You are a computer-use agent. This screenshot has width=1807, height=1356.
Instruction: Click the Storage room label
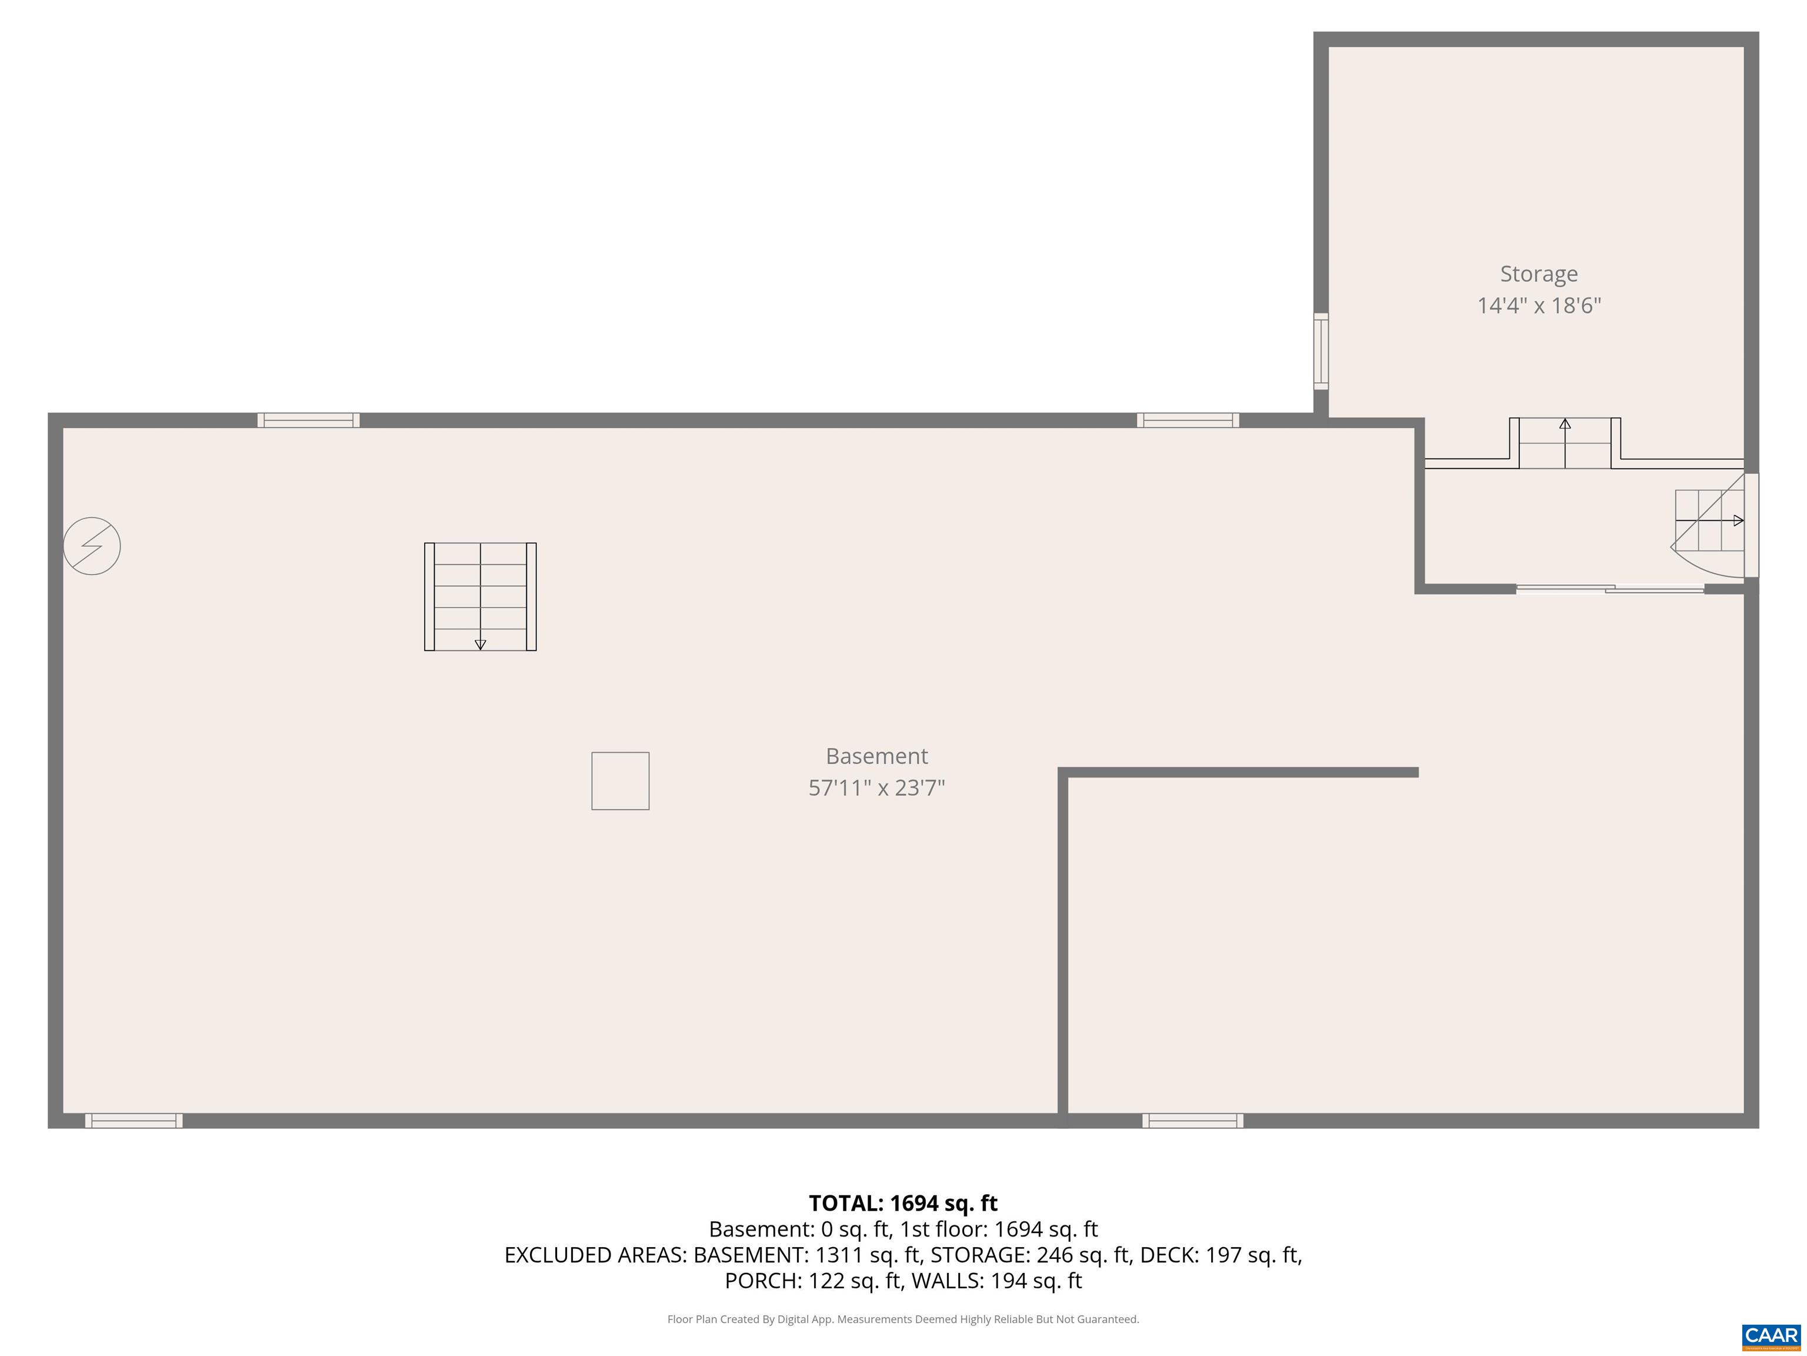point(1538,274)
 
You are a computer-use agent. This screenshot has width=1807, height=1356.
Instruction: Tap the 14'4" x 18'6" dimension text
point(1538,305)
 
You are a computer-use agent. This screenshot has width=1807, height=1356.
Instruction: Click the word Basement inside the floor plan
point(876,756)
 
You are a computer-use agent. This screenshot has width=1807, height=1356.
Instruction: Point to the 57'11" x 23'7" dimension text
point(876,788)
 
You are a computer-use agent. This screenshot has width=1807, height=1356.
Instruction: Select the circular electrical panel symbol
point(92,546)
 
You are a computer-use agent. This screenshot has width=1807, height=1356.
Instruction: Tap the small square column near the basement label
point(620,780)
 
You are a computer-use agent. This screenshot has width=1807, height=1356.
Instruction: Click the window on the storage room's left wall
point(1320,351)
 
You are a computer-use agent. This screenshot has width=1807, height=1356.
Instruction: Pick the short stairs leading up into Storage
point(1565,443)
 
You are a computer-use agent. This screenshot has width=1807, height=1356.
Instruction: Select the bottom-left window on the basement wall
point(134,1121)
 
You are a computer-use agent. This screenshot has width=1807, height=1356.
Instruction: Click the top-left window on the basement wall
point(309,420)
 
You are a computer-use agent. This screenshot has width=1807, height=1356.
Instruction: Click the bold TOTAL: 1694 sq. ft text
point(903,1203)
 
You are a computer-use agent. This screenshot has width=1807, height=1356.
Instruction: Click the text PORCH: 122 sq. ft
point(814,1281)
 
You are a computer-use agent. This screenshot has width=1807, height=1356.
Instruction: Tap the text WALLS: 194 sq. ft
point(996,1281)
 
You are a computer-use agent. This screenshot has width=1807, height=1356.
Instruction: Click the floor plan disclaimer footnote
point(903,1320)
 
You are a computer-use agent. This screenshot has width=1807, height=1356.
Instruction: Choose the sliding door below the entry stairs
point(1609,589)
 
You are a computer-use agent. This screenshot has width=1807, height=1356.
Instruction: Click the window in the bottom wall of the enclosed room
point(1193,1121)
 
